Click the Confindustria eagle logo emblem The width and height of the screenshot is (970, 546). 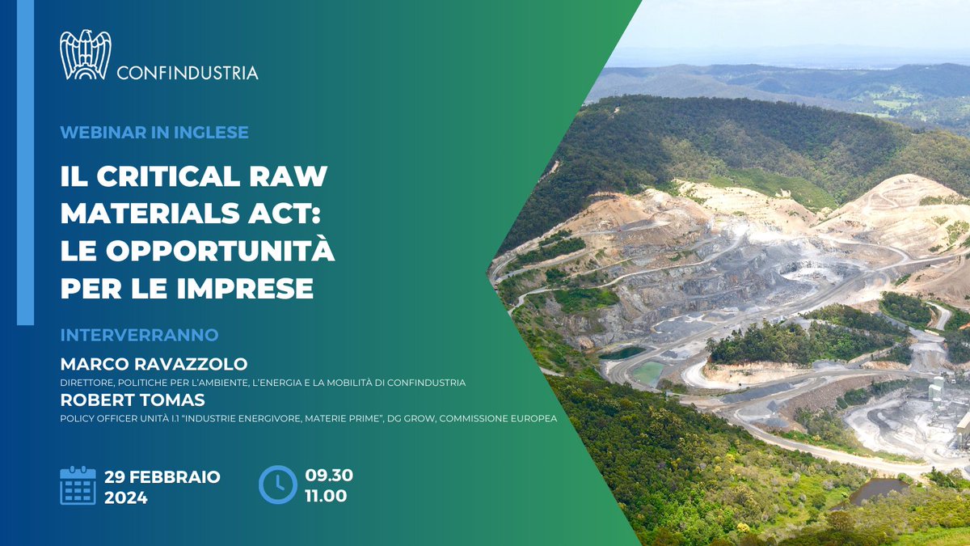[86, 55]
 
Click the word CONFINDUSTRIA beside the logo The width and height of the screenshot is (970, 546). [188, 73]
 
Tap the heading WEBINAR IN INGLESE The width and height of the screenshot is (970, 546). [154, 132]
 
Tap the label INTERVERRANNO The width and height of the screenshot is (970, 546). [139, 334]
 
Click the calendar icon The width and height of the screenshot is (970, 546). [78, 485]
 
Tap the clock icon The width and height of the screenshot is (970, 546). [277, 485]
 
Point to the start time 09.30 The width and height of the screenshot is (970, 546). [329, 475]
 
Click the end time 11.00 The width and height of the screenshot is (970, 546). [326, 495]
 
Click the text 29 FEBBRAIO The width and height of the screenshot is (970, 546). [162, 476]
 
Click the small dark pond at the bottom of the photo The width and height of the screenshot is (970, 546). [877, 489]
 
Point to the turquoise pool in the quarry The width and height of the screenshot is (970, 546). [647, 373]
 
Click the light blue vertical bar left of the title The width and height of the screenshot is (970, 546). [25, 162]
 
